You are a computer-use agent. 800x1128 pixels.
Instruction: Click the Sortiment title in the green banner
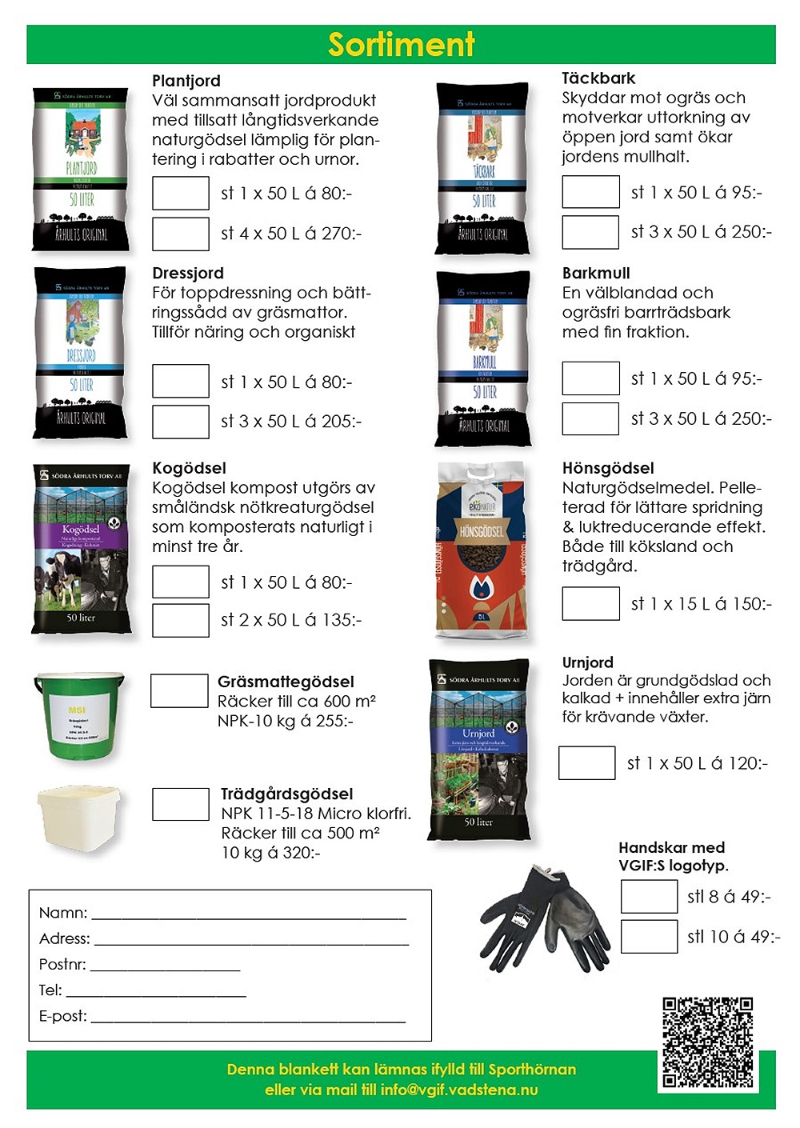pos(401,45)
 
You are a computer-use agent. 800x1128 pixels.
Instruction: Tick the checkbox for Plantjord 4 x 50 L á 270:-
pos(181,234)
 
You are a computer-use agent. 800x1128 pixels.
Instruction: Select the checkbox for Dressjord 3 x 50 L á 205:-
pos(181,422)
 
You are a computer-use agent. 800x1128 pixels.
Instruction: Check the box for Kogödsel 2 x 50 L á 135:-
pos(181,620)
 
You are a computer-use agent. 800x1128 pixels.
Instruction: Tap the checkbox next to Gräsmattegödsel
pos(179,691)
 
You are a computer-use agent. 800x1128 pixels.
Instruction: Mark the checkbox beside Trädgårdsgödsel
pos(181,804)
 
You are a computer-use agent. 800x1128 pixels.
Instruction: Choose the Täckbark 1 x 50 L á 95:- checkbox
pos(590,192)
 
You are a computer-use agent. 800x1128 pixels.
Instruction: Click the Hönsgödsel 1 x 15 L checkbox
pos(590,603)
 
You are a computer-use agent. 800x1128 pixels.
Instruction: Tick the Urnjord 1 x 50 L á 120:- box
pos(586,763)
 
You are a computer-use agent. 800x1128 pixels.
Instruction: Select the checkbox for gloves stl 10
pos(649,936)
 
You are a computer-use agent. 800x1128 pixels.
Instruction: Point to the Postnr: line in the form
pos(165,966)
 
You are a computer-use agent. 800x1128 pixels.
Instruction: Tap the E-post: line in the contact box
pos(248,1018)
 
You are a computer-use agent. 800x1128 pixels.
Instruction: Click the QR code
pos(707,1042)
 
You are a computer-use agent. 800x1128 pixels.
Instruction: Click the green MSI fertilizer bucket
pos(79,715)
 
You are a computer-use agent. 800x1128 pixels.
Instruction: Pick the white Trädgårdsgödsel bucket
pos(79,818)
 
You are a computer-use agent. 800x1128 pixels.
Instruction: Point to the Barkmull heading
pos(596,274)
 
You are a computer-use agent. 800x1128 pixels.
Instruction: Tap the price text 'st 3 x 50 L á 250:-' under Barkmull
pos(701,418)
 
